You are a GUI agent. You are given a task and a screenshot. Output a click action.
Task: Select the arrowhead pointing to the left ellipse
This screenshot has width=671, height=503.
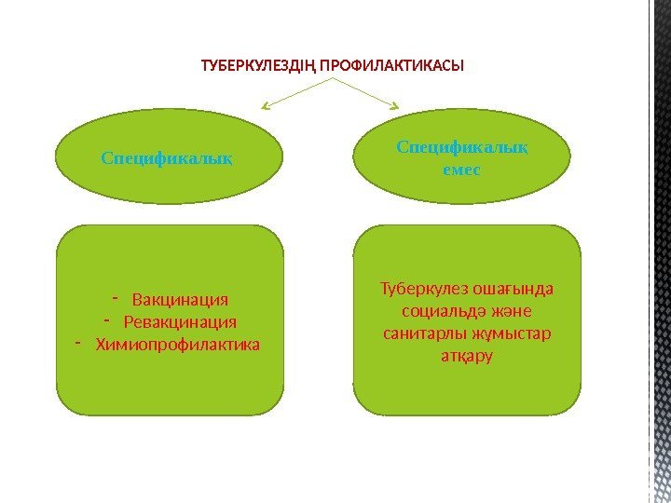coord(265,107)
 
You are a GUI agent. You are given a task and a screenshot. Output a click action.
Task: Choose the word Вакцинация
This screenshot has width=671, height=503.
coord(180,300)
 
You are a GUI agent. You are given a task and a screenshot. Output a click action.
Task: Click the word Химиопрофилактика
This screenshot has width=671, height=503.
coord(178,345)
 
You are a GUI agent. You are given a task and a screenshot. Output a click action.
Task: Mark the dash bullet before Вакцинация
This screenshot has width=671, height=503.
coord(115,298)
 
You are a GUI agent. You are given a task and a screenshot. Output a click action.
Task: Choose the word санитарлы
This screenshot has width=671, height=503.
coord(419,333)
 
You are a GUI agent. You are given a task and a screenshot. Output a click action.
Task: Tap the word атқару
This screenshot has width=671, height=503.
coord(466,356)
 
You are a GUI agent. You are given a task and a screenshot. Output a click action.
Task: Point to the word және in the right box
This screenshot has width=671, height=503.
coord(512,311)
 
